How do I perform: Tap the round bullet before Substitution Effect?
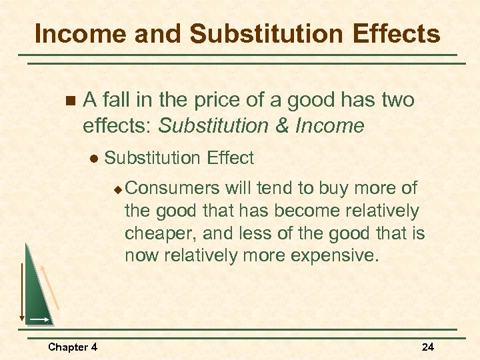(x=93, y=159)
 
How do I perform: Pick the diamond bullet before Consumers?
(x=117, y=189)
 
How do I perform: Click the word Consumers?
(x=172, y=188)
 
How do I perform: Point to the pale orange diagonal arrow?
(x=51, y=286)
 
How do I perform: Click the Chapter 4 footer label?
(x=73, y=347)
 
